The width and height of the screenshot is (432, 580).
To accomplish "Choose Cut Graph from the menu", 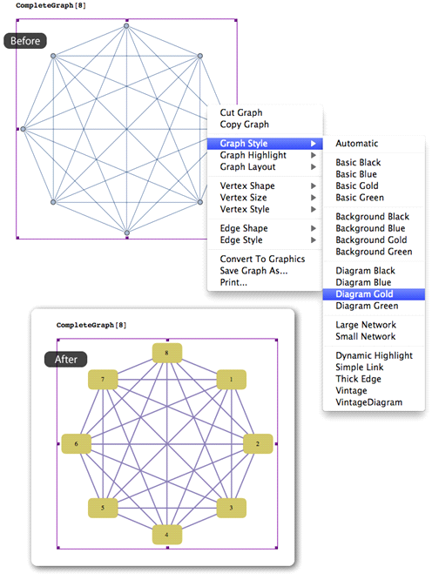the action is coord(241,112).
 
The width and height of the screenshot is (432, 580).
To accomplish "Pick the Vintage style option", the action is coord(351,391).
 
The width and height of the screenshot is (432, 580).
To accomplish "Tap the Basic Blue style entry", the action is coord(356,174).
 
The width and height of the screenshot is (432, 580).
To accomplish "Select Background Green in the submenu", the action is coord(374,252).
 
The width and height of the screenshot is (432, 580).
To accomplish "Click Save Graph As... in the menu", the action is coord(253,271).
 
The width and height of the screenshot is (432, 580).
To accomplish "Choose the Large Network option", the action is coord(366,325).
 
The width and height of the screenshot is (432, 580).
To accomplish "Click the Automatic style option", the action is coord(356,143).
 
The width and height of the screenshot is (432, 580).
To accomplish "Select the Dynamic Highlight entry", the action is coord(374,355).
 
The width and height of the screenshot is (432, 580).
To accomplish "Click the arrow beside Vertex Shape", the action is coord(314,185).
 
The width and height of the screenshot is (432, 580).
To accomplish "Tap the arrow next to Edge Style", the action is coord(314,240).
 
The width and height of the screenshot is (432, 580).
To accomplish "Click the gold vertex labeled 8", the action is coord(167,353).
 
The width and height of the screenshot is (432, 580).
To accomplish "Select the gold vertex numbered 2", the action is coord(258,444).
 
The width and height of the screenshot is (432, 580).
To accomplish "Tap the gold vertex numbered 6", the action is coord(76,444).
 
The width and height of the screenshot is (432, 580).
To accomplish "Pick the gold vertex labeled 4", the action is coord(167,535).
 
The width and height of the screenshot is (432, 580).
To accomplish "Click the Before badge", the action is coord(25,41).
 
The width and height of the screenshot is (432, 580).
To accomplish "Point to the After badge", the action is coord(66,359).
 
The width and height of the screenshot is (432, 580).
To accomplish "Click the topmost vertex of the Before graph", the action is coord(126,26).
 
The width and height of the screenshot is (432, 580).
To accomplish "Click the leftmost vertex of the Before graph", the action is coord(23,129).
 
